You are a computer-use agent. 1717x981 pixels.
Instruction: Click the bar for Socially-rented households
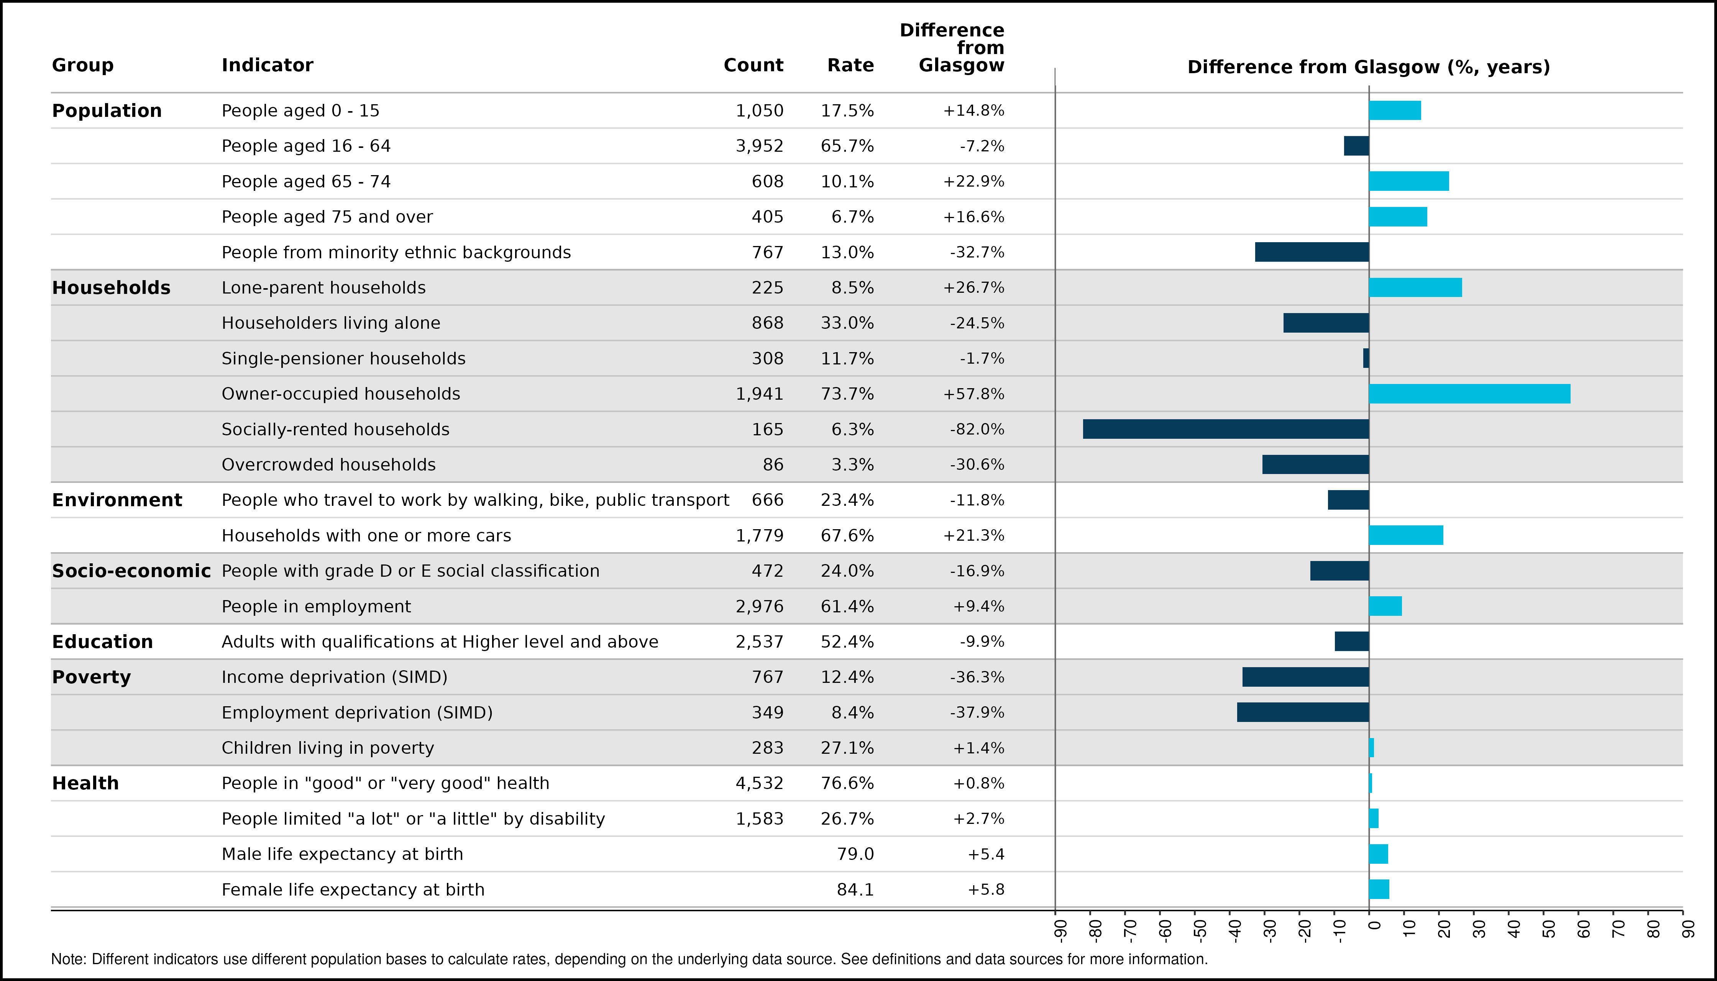1226,429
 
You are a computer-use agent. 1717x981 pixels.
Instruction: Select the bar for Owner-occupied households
1470,394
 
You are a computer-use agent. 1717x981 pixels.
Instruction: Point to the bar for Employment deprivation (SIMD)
1303,712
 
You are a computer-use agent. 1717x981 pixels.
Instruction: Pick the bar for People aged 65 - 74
1409,181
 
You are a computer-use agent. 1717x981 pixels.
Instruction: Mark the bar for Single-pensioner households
1366,358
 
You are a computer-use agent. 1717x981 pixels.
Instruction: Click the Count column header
753,66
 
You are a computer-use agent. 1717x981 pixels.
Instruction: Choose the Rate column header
850,66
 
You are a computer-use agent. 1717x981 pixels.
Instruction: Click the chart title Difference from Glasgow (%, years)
1369,67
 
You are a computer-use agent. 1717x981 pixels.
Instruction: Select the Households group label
111,288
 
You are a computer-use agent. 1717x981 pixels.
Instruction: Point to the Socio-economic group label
131,571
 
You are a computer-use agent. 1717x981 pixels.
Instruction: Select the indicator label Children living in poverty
328,748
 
